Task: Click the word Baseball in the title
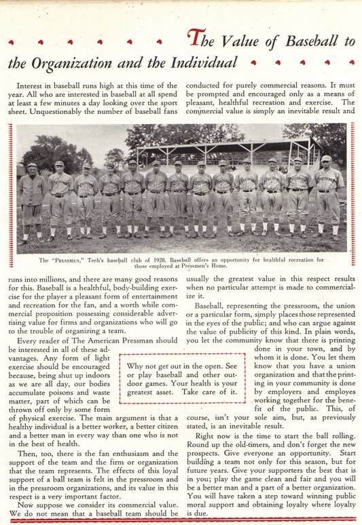pyautogui.click(x=319, y=41)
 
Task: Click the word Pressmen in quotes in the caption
pyautogui.click(x=69, y=260)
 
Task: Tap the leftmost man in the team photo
pyautogui.click(x=31, y=200)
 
